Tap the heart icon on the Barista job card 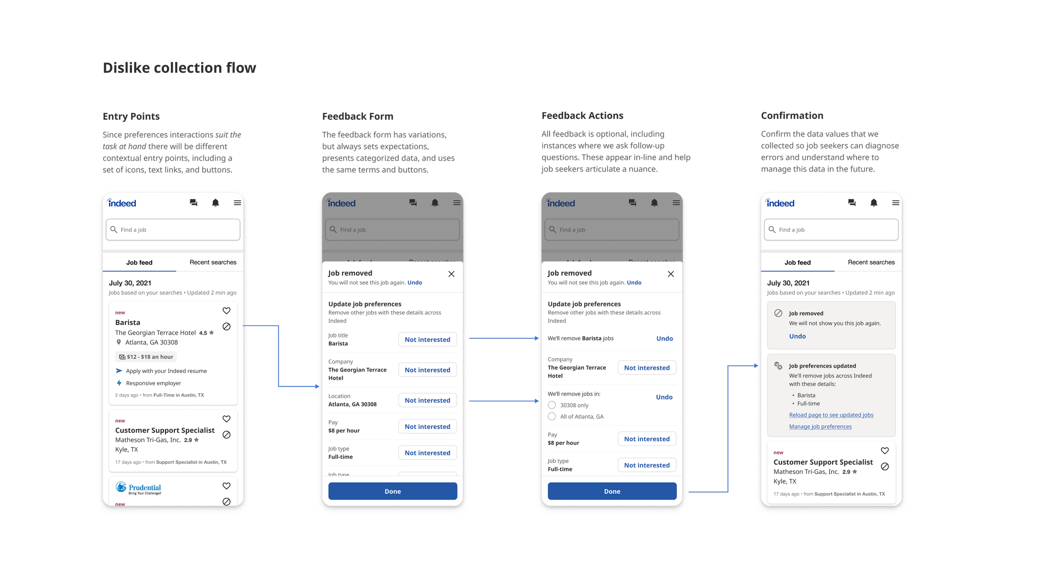pos(227,311)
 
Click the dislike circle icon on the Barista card pos(227,327)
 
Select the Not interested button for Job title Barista pos(427,340)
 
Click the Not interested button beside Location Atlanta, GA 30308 pos(427,400)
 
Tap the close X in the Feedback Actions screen pos(671,274)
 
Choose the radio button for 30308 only pos(552,405)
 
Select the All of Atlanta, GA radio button pos(552,416)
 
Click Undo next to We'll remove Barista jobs pos(665,339)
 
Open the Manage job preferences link pos(820,427)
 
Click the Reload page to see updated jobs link pos(831,415)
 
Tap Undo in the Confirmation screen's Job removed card pos(797,336)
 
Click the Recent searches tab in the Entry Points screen pos(213,262)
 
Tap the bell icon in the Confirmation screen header pos(874,203)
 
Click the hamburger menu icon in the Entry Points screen pos(237,203)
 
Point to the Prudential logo pos(138,488)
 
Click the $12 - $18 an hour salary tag pos(146,357)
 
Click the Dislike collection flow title pos(179,68)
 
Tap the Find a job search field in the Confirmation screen pos(831,230)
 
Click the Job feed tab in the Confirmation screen pos(797,262)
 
